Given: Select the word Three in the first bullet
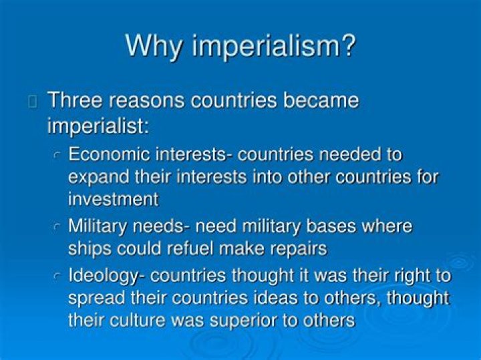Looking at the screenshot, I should point(74,101).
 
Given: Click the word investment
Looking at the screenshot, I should point(113,198).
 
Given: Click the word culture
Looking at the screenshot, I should point(138,320).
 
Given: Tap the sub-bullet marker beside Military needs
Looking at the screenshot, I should point(57,227).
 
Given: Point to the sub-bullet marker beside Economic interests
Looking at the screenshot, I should point(57,156).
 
